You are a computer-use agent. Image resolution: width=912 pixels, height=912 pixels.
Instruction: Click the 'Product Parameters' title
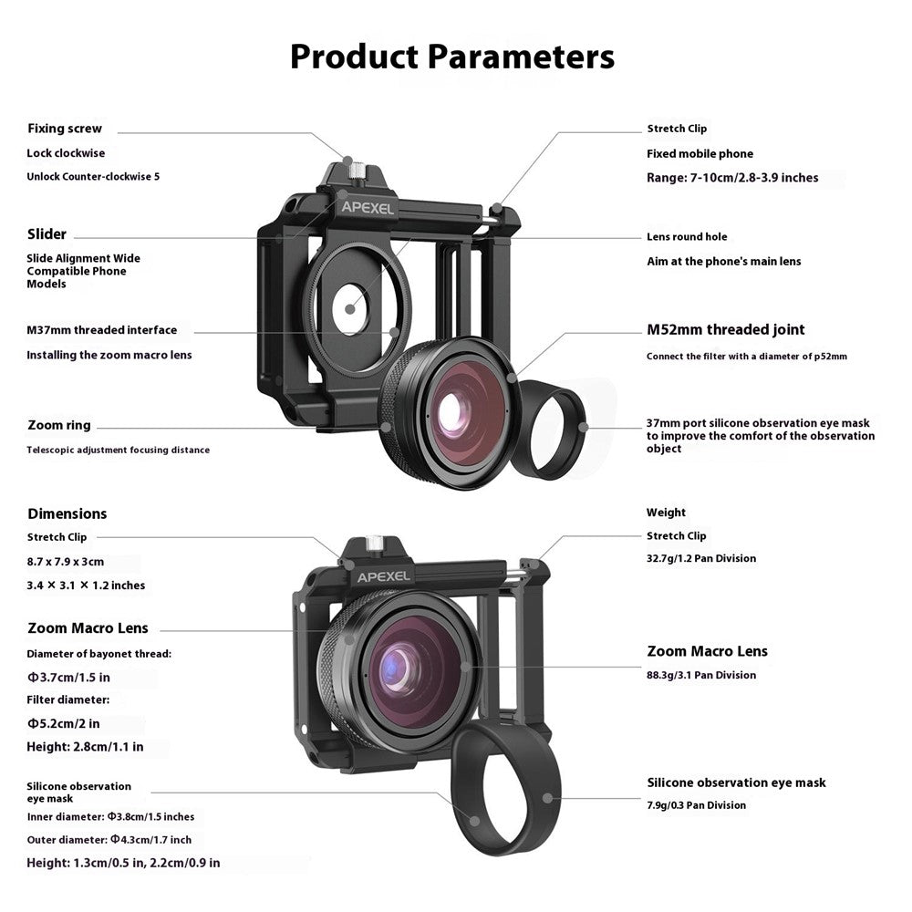coord(452,57)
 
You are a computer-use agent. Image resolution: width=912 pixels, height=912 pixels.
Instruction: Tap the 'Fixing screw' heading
coord(65,129)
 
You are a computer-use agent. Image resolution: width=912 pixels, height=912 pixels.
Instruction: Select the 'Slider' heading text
coord(47,234)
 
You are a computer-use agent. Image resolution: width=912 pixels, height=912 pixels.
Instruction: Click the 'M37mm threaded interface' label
coord(102,330)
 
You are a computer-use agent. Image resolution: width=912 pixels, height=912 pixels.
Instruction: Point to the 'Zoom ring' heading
coord(58,425)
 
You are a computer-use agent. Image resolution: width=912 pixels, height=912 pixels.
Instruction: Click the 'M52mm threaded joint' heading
coord(725,330)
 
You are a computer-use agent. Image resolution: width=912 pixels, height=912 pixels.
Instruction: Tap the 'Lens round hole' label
coord(687,237)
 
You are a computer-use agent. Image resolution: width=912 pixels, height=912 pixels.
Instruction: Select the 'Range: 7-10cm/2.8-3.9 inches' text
coord(732,178)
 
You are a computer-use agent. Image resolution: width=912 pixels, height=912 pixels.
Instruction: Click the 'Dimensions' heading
coord(67,513)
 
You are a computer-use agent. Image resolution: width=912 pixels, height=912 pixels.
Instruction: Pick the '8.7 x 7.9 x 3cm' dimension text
coord(65,562)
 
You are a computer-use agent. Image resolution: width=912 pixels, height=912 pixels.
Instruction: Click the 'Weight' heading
coord(666,513)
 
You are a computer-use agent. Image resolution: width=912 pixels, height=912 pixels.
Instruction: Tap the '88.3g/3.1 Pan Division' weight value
coord(701,675)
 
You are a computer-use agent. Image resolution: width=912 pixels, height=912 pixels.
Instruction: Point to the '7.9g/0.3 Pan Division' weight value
coord(696,805)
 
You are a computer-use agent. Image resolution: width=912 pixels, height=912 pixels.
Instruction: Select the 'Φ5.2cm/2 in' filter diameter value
coord(64,723)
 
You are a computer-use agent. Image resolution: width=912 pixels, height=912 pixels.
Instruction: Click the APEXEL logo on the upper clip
coord(367,208)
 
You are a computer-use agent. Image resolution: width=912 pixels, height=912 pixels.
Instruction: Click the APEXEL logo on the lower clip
coord(383,577)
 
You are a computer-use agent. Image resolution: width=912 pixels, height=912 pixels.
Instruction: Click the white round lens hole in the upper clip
coord(350,309)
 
